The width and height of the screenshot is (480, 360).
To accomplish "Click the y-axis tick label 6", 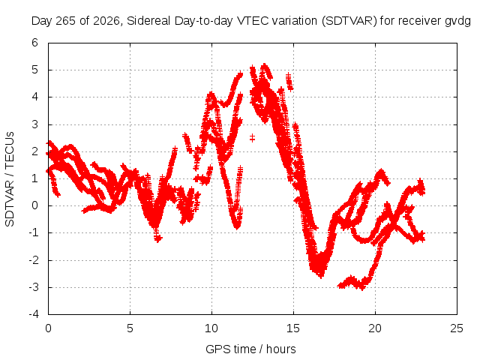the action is [35, 43].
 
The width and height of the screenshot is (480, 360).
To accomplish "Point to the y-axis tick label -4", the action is [34, 314].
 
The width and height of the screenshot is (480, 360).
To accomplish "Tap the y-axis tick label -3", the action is [34, 287].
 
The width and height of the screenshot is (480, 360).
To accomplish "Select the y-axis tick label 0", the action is [35, 205].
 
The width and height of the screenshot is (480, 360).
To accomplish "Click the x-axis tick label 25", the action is [457, 328].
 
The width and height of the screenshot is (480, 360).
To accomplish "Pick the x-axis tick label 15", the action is [293, 328].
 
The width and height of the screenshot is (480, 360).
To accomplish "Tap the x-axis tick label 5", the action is [130, 328].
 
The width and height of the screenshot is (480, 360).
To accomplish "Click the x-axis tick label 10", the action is [211, 328].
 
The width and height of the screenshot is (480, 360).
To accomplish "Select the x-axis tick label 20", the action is [375, 328].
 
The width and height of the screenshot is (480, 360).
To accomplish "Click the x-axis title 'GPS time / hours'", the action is [250, 349].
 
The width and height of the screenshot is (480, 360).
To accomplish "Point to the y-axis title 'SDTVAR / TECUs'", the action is [10, 179].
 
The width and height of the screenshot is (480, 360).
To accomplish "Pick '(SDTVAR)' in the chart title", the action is [349, 21].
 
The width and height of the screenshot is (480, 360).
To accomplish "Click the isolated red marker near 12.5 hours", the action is [252, 138].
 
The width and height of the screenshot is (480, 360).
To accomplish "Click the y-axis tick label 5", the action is [35, 70].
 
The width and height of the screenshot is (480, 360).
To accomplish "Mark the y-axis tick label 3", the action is [35, 124].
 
